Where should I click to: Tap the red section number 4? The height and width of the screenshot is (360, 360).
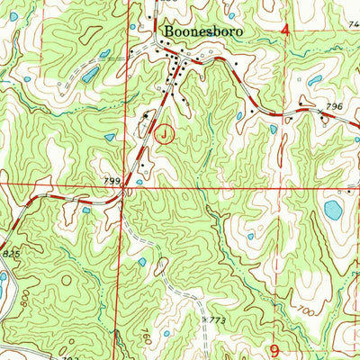(x=285, y=31)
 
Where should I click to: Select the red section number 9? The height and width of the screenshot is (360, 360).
(x=274, y=346)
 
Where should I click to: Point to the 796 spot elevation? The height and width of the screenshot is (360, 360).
(x=335, y=107)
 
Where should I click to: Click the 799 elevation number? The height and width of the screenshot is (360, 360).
(x=112, y=182)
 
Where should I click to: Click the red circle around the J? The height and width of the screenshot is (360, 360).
(x=165, y=135)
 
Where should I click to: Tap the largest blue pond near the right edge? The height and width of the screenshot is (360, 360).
(x=333, y=211)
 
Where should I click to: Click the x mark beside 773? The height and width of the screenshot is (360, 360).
(x=206, y=319)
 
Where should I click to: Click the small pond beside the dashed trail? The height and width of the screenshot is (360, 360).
(x=142, y=262)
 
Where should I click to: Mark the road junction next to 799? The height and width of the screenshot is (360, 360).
(x=126, y=189)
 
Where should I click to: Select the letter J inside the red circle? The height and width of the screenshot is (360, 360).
(x=165, y=135)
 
